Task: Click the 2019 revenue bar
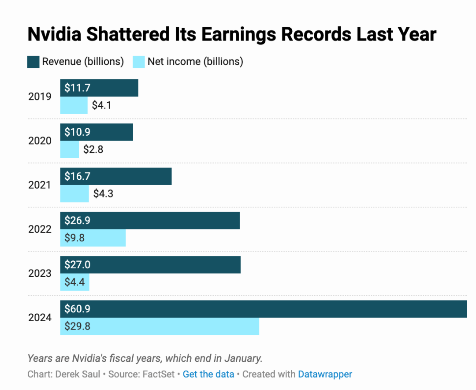(x=99, y=88)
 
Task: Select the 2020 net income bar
(x=70, y=150)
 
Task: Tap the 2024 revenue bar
(x=264, y=309)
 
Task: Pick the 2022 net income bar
(x=93, y=238)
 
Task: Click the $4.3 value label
(x=103, y=193)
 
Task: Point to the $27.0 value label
(x=78, y=265)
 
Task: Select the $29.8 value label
(x=78, y=326)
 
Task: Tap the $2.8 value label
(x=93, y=150)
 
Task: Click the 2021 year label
(x=40, y=185)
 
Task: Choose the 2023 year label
(x=40, y=274)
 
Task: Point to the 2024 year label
(x=40, y=318)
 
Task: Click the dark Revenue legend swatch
(x=33, y=62)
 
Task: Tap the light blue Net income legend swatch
(x=139, y=62)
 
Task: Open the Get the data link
(x=208, y=374)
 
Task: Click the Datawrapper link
(x=325, y=374)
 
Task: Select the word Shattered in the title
(x=128, y=34)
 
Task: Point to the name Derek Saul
(x=78, y=374)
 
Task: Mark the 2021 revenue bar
(x=116, y=176)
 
